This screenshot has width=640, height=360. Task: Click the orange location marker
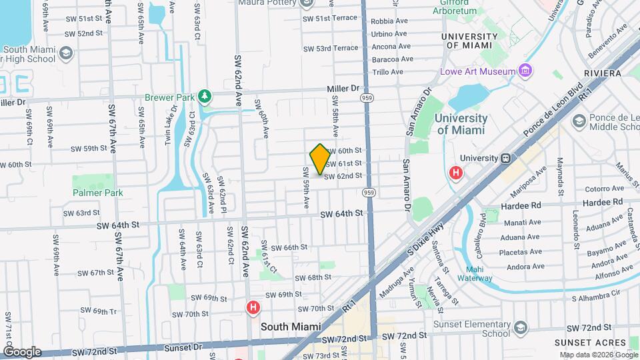click(320, 159)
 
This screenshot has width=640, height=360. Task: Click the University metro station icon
click(506, 158)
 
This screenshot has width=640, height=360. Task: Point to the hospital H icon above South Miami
click(253, 308)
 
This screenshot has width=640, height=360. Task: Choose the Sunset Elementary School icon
click(521, 327)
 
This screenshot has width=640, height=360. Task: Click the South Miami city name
click(291, 327)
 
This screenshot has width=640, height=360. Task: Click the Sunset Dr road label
click(188, 347)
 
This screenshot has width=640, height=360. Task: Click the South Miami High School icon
click(66, 52)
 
